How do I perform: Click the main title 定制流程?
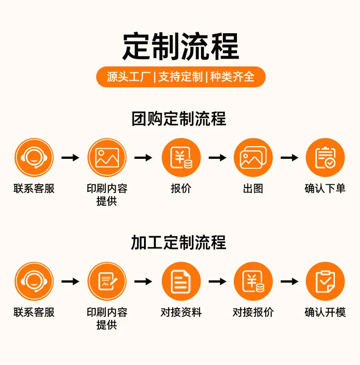click(180, 46)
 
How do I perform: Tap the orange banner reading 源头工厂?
click(181, 77)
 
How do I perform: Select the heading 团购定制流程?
click(179, 119)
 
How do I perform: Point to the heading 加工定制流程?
click(179, 242)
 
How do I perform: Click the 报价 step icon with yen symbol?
click(181, 157)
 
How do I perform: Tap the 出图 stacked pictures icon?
click(253, 157)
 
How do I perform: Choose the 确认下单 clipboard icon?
click(325, 157)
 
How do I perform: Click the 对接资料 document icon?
click(181, 281)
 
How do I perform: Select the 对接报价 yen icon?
click(253, 281)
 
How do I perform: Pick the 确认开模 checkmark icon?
click(325, 281)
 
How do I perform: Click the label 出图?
click(253, 188)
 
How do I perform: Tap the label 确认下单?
click(325, 188)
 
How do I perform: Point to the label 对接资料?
click(181, 312)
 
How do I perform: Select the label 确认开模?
click(325, 312)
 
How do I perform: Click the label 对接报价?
click(253, 312)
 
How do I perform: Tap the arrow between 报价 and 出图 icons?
click(217, 157)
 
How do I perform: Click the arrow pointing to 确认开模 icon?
click(289, 281)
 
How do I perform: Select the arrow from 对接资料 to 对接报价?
click(217, 281)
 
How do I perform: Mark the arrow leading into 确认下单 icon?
click(289, 157)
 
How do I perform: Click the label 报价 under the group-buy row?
click(181, 188)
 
